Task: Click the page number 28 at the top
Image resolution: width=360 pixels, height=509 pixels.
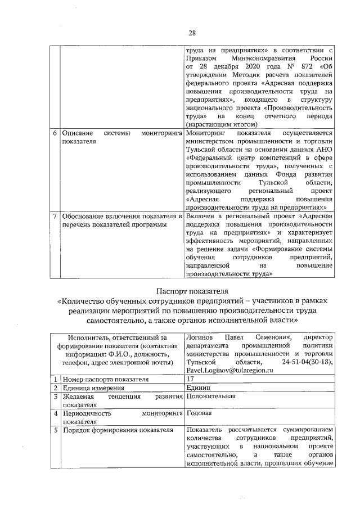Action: point(192,31)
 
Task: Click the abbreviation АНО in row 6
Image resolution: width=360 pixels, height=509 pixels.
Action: point(326,151)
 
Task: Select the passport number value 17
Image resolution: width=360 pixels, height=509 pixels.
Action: point(190,379)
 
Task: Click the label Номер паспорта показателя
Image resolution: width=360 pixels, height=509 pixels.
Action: point(98,379)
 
